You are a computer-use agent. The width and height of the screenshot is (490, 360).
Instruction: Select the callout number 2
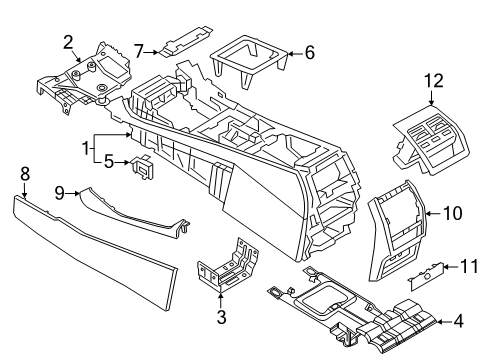tap(68, 41)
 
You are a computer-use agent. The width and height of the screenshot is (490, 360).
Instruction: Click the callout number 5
tap(109, 158)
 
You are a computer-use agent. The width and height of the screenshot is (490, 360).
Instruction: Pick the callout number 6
tap(309, 51)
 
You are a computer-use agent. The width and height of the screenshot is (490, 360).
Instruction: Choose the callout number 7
tap(140, 47)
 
